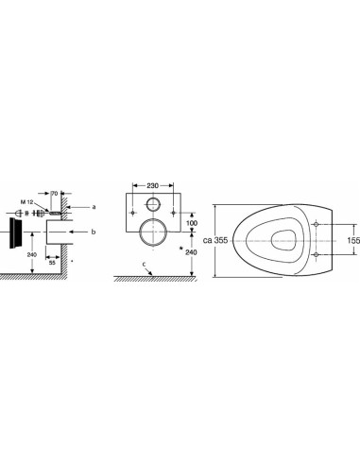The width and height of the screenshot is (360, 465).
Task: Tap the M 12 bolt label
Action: click(x=26, y=200)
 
